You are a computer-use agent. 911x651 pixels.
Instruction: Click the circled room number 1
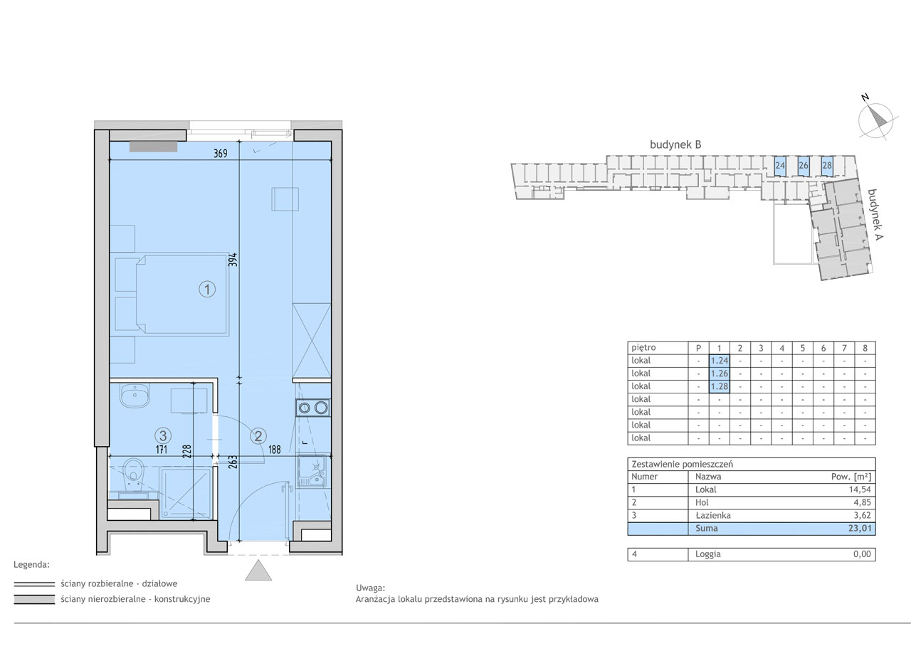(207, 290)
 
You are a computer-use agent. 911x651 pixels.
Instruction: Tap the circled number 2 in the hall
(258, 436)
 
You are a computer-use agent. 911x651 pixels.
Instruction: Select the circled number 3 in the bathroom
(163, 436)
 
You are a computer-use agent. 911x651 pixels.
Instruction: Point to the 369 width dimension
(221, 153)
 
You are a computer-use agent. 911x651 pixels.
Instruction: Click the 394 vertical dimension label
(233, 260)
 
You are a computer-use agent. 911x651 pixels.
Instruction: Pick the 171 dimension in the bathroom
(162, 450)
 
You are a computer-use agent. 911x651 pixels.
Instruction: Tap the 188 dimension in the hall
(275, 450)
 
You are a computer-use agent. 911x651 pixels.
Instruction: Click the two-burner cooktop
(313, 408)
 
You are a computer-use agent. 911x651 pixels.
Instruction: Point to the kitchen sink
(312, 472)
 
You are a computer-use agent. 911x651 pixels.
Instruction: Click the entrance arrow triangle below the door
(258, 570)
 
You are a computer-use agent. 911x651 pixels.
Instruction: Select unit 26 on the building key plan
(804, 166)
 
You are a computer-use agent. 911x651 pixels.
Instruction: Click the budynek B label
(675, 144)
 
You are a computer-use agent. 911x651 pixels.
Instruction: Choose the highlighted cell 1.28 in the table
(719, 386)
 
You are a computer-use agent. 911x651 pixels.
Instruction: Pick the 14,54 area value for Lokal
(859, 489)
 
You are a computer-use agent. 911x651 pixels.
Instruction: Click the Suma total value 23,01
(859, 529)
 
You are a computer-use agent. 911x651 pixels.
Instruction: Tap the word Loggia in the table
(707, 554)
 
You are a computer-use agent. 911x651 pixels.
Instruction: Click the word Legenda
(32, 565)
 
